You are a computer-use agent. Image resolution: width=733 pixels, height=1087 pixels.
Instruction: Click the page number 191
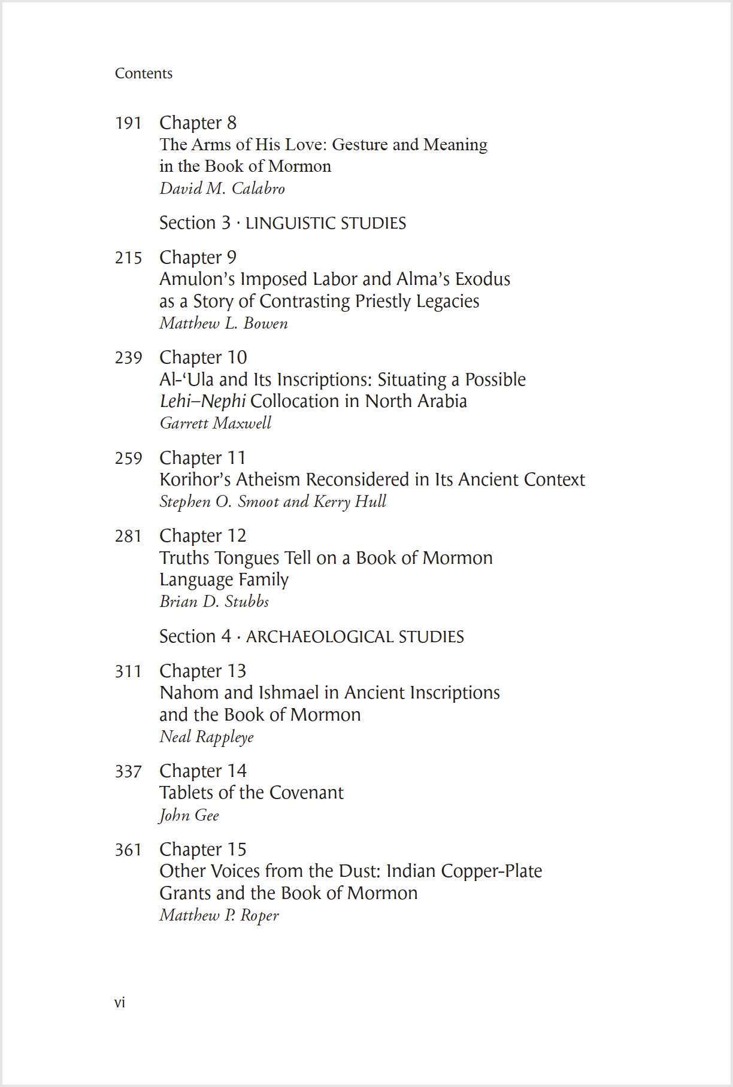(x=128, y=123)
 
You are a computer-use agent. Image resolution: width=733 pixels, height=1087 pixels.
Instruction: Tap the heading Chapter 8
(x=198, y=123)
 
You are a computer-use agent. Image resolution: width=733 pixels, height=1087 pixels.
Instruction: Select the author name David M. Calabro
(x=222, y=189)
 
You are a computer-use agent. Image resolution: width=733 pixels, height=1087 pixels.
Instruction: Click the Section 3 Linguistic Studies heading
(x=282, y=223)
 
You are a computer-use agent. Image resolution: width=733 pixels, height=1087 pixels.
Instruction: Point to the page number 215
(x=128, y=258)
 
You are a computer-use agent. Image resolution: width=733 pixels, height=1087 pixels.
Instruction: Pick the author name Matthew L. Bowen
(x=223, y=323)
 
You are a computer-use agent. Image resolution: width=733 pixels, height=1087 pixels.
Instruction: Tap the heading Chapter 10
(x=203, y=357)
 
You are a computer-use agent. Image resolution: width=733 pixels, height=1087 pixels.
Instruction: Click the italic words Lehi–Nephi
(x=202, y=401)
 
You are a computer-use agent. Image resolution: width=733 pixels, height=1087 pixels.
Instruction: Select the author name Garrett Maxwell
(x=215, y=423)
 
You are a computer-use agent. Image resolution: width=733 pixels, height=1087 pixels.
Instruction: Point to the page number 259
(x=128, y=459)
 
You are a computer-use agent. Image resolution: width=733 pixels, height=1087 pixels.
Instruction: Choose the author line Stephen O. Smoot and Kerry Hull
(x=272, y=502)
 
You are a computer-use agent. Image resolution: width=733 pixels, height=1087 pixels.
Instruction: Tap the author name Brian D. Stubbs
(x=214, y=602)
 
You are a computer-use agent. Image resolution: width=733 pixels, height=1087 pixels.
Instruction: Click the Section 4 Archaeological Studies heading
(x=311, y=636)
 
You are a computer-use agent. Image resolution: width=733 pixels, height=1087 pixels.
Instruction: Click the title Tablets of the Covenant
(x=251, y=793)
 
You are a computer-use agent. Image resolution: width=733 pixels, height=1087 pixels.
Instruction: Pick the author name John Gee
(x=189, y=815)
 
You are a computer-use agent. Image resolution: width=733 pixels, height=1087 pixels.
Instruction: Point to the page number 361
(x=128, y=850)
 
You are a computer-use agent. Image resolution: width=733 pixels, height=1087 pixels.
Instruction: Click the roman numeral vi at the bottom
(x=120, y=1002)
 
